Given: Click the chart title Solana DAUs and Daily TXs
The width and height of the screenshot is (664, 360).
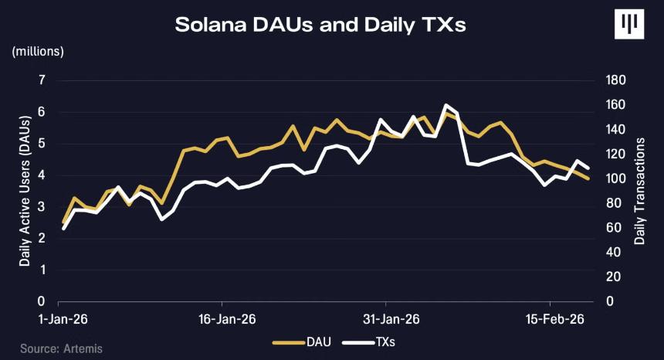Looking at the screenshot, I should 320,25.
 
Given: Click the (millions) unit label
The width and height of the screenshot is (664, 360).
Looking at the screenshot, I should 38,52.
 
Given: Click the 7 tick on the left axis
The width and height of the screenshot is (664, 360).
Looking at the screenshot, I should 42,80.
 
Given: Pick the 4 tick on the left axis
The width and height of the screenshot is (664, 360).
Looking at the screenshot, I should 42,175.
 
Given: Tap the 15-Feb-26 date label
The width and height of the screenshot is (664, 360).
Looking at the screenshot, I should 549,319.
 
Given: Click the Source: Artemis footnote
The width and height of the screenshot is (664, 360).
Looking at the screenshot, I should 61,348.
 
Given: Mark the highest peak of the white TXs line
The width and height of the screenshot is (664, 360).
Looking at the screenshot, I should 446,105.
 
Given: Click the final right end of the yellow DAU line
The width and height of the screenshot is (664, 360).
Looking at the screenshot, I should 589,178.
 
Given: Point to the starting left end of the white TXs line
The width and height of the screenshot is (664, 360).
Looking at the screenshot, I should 63,229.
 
